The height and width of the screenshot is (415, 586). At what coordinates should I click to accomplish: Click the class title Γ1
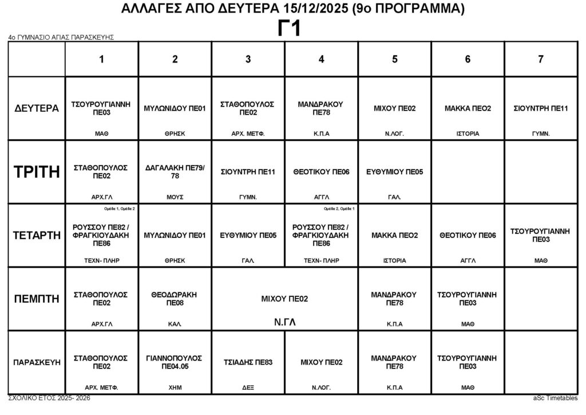point(290,29)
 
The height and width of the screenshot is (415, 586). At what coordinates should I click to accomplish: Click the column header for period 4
point(322,59)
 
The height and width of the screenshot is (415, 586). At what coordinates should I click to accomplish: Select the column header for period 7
point(541,59)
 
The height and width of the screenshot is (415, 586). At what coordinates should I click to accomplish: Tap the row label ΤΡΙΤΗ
point(36,171)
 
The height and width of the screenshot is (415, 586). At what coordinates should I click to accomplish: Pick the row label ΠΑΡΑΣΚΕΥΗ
point(36,362)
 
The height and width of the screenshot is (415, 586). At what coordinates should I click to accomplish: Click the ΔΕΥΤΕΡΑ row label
point(36,108)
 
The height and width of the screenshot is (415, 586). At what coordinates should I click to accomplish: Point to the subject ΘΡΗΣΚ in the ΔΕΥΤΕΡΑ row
point(175,134)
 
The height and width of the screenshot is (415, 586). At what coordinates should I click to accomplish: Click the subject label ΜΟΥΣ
point(175,197)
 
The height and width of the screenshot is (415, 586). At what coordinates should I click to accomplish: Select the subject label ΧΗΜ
point(175,387)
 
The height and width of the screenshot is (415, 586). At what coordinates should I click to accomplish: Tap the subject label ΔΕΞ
point(248,387)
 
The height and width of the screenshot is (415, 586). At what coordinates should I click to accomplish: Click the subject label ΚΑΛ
point(175,324)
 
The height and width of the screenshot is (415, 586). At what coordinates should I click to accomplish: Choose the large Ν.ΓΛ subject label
point(284,322)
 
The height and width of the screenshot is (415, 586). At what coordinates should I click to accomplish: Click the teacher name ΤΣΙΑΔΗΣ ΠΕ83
point(248,362)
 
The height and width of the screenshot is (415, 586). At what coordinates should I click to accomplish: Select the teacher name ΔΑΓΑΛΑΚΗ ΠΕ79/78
point(175,171)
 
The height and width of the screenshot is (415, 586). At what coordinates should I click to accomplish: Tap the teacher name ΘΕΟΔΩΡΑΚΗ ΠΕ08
point(175,299)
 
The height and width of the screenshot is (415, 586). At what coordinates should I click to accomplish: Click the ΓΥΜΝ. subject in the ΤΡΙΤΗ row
point(248,197)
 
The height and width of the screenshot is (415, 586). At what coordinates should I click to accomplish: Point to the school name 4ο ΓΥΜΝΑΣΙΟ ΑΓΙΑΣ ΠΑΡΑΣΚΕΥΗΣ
point(61,37)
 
